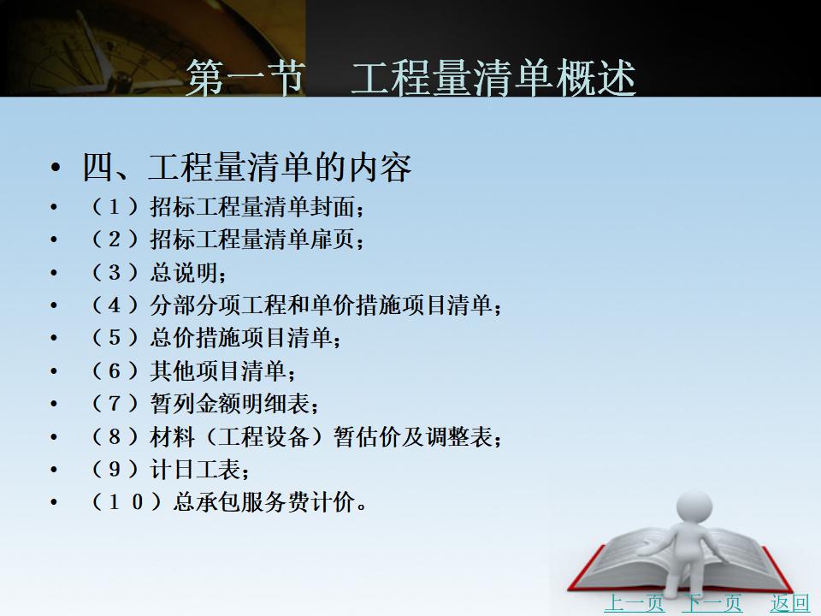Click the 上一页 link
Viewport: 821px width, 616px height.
coord(634,603)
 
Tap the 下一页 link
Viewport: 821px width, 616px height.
coord(712,603)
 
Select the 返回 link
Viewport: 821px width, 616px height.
coord(789,603)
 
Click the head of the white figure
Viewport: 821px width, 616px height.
coord(694,507)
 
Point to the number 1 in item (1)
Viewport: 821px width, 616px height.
coord(114,207)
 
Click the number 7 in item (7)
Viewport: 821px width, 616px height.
coord(114,404)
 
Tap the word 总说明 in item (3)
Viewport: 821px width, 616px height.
coord(184,272)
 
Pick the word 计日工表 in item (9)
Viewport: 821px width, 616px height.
coord(195,470)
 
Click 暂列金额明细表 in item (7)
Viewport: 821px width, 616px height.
coord(230,404)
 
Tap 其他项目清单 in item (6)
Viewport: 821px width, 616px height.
coord(218,370)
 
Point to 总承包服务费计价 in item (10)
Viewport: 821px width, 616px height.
coord(264,502)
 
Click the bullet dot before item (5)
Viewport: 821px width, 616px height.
coord(54,338)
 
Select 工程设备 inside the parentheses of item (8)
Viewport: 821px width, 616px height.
coord(264,436)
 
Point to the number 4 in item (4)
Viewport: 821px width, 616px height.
coord(114,305)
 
